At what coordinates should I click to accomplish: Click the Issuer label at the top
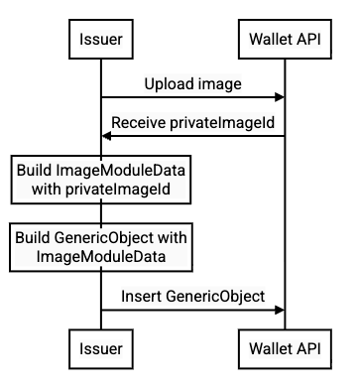100,40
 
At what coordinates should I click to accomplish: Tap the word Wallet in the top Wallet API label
271,40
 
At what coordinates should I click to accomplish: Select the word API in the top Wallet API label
308,40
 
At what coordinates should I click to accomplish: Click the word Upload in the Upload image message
168,84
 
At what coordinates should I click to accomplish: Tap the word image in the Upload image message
217,84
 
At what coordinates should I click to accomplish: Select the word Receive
139,123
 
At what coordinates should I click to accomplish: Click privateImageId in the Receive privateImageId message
221,123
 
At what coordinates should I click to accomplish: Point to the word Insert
143,296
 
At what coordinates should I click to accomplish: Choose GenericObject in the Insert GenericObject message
215,296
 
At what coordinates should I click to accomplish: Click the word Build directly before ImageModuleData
35,172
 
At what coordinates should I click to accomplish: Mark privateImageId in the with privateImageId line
127,190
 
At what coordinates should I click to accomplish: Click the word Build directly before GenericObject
34,239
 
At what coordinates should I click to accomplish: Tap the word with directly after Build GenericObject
172,239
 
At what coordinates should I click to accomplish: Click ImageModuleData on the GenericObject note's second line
101,257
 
